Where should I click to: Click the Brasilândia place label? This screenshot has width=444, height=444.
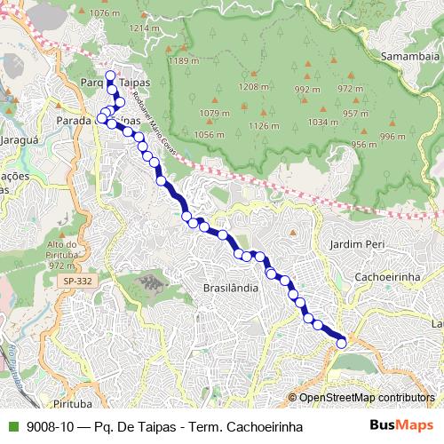click(x=231, y=289)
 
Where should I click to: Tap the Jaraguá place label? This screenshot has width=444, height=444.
click(x=22, y=140)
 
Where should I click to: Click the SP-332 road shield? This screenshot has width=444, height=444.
click(x=76, y=280)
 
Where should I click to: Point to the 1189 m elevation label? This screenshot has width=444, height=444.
click(x=184, y=60)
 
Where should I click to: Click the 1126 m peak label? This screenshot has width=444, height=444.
click(x=264, y=126)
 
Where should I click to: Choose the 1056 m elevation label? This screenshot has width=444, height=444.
click(x=209, y=135)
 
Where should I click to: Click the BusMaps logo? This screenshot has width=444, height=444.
click(x=396, y=426)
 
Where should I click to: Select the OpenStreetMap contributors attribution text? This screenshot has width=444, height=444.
click(x=366, y=398)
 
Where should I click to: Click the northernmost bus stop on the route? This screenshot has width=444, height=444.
click(x=110, y=75)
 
